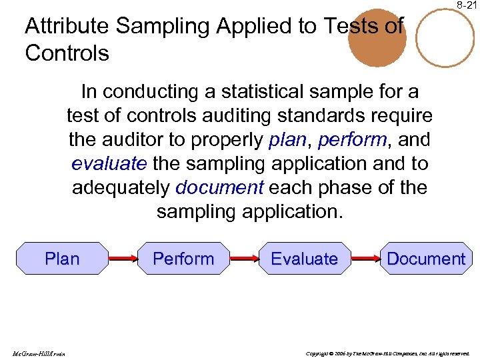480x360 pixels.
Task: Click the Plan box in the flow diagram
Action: (x=62, y=259)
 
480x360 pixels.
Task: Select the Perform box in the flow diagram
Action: (x=183, y=259)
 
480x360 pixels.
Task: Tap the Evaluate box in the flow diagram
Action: (x=304, y=259)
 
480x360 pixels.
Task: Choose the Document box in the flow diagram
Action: (x=426, y=259)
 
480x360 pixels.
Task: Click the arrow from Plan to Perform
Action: (x=122, y=259)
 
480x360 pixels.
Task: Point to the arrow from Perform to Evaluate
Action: (x=243, y=259)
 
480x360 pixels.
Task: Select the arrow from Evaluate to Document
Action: (x=365, y=259)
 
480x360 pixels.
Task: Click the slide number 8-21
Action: (x=467, y=5)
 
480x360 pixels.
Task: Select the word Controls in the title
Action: (x=67, y=53)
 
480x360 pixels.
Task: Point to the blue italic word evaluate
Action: (x=109, y=163)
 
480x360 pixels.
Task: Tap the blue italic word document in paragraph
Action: (x=219, y=187)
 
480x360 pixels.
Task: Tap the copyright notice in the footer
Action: (x=387, y=353)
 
